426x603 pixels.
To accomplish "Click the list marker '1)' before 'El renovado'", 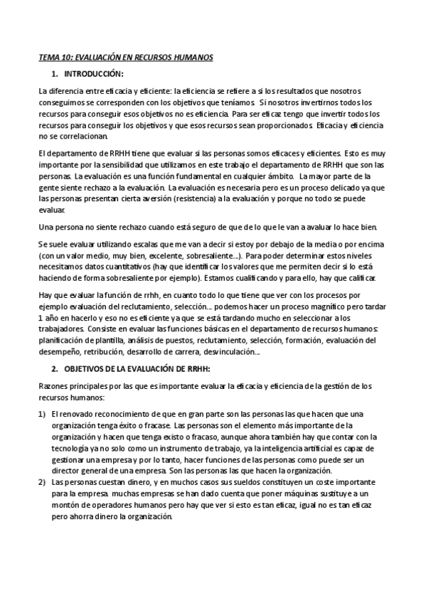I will click(x=42, y=415).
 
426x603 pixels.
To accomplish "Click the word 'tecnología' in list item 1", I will click(x=70, y=449).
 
